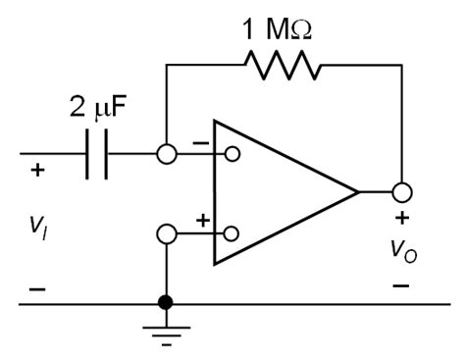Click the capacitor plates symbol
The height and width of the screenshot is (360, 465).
pyautogui.click(x=95, y=154)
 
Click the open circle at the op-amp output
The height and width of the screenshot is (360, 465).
pyautogui.click(x=400, y=193)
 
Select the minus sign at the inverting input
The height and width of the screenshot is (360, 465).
pyautogui.click(x=203, y=143)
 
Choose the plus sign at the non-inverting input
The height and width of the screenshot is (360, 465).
pyautogui.click(x=203, y=222)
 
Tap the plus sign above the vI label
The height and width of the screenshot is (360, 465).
pyautogui.click(x=37, y=171)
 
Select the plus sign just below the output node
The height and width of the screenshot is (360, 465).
pyautogui.click(x=400, y=218)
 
